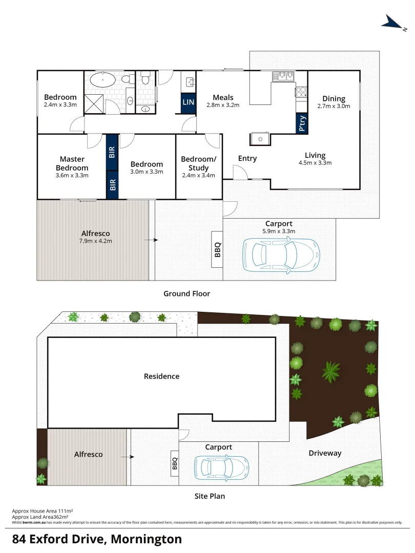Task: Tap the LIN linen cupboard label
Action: coord(189,102)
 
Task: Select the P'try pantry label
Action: coord(302,123)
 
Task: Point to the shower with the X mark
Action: coord(94,103)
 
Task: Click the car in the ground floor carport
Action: coord(281,254)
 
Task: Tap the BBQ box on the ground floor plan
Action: coord(217,249)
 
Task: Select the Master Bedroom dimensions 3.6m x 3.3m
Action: coord(72,176)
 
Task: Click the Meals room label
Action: coord(223,97)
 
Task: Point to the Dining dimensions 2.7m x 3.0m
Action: coord(334,107)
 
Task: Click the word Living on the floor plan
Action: coord(315,155)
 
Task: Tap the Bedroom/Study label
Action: coord(199,163)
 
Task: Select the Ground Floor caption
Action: coord(186,293)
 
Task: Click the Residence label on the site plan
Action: coord(161,376)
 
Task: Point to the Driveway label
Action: coord(325,453)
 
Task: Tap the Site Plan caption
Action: coord(210,496)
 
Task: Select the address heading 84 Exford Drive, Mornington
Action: coord(97,539)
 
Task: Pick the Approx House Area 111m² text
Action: coord(42,511)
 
